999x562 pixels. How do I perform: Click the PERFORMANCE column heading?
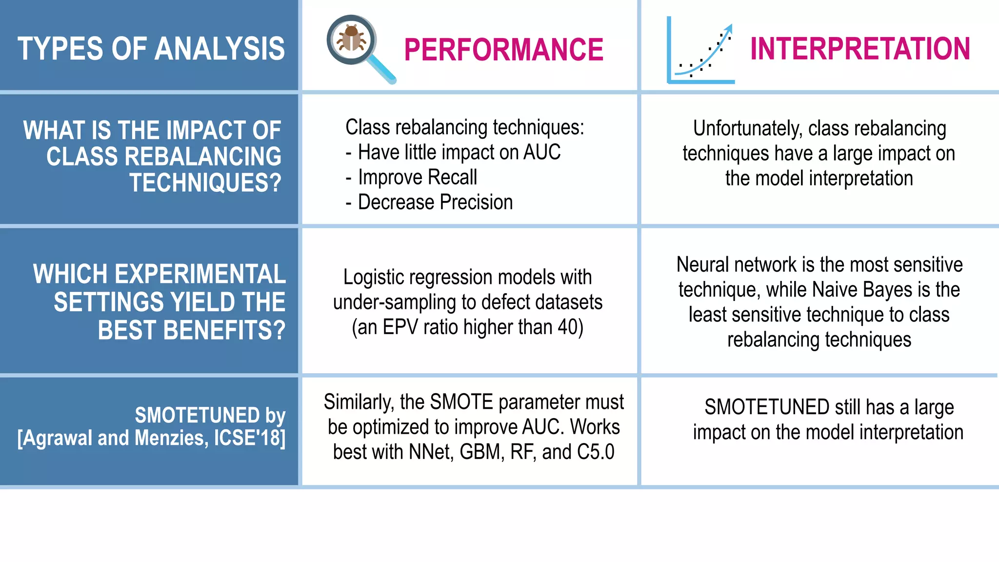coord(503,50)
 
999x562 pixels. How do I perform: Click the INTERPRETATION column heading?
coord(859,49)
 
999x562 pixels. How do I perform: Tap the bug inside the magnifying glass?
coord(351,39)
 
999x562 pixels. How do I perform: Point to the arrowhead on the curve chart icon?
coord(728,28)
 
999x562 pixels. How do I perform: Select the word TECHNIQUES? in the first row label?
coord(205,183)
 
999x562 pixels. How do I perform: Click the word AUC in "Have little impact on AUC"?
coord(541,152)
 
